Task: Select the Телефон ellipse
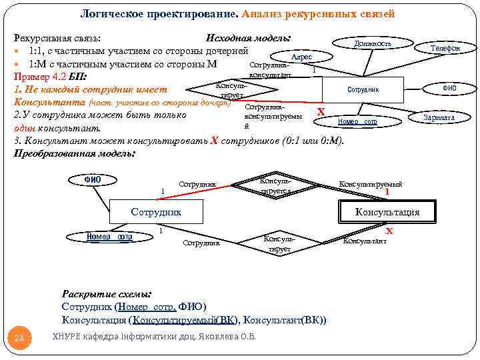point(445,48)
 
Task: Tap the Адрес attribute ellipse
point(302,57)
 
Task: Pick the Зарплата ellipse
point(439,118)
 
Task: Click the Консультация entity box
point(387,212)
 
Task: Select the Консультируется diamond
point(275,185)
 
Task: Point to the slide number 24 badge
point(19,339)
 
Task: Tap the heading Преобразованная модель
point(74,153)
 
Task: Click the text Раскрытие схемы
point(106,293)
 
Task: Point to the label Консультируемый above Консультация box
point(371,184)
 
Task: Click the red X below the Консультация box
point(390,231)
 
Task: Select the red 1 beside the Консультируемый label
point(387,193)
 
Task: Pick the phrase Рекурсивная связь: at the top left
point(57,38)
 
